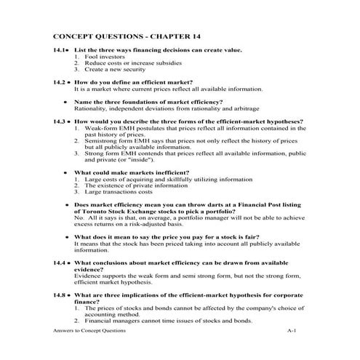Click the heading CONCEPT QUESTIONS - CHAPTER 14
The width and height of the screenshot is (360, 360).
[127, 36]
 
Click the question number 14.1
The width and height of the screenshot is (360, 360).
[61, 49]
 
